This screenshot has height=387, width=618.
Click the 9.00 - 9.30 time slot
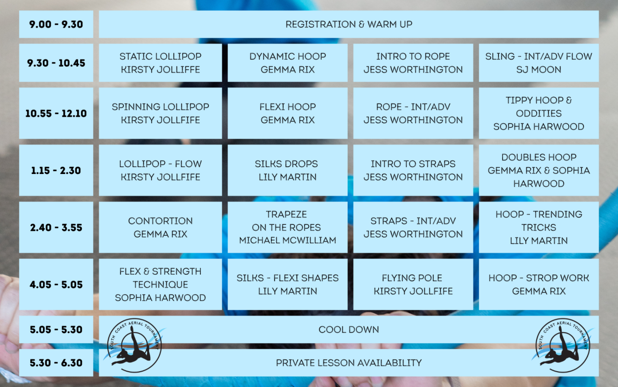point(56,24)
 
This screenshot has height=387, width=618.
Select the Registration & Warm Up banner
point(348,24)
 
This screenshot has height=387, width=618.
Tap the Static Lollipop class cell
point(160,63)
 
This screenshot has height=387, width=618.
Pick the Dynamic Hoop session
point(287,63)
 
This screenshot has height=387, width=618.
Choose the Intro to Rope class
point(413,63)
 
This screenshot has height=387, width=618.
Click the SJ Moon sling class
point(538,63)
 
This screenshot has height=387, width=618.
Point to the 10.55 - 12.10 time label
point(56,113)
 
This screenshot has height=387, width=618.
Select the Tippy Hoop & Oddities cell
point(538,113)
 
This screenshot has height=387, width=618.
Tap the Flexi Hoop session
point(287,113)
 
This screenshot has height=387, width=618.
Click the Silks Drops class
point(287,170)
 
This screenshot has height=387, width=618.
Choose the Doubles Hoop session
point(538,170)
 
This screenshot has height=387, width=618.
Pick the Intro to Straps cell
point(413,170)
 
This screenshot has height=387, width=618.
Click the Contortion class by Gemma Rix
point(160,227)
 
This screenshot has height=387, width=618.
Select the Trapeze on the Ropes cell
point(287,227)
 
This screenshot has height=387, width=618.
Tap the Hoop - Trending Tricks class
point(538,227)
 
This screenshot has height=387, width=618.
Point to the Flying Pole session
point(413,285)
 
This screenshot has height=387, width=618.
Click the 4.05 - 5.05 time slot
point(56,285)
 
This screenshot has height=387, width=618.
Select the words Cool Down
point(348,329)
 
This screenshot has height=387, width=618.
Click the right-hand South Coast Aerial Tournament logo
point(563,346)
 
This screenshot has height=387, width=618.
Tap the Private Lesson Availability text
point(348,363)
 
